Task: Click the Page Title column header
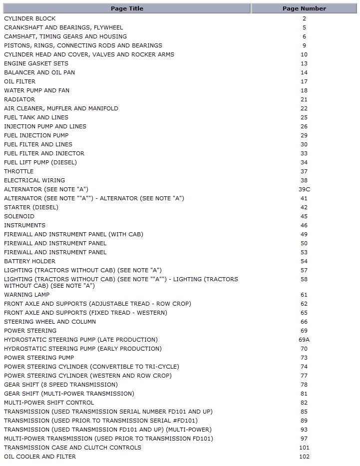[127, 8]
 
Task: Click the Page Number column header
[304, 8]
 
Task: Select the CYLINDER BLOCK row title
[30, 18]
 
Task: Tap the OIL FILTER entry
[20, 81]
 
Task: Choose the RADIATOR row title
[19, 99]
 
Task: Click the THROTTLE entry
[19, 171]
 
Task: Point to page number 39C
[304, 189]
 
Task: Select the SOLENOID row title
[19, 216]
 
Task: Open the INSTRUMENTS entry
[24, 225]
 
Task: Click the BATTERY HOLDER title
[30, 261]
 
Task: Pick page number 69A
[304, 340]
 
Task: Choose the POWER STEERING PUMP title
[39, 358]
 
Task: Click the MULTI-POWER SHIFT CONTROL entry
[49, 403]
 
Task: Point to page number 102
[304, 457]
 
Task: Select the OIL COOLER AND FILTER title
[40, 457]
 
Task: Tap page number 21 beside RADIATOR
[304, 99]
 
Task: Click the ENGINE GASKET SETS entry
[36, 63]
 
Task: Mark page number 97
[304, 439]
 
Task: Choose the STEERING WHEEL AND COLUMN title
[50, 322]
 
